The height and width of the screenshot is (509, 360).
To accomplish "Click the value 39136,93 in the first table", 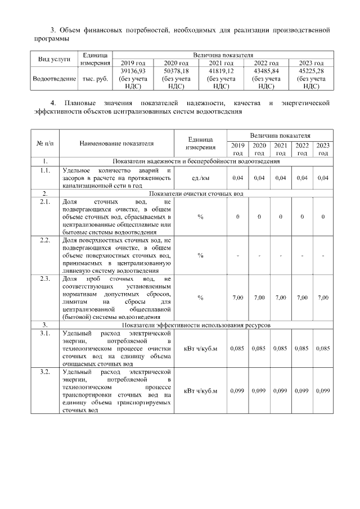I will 133,72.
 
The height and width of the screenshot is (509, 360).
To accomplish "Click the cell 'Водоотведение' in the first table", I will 54,79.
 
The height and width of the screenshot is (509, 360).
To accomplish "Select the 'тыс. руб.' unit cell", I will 95,79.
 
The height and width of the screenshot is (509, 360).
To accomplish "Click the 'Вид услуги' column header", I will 54,58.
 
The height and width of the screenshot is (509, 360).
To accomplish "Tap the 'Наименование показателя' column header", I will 116,144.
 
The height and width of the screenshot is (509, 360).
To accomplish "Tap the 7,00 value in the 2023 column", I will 323,297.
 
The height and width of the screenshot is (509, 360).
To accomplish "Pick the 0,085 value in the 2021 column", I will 280,348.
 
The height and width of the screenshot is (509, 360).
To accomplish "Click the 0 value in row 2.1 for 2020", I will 259,217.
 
